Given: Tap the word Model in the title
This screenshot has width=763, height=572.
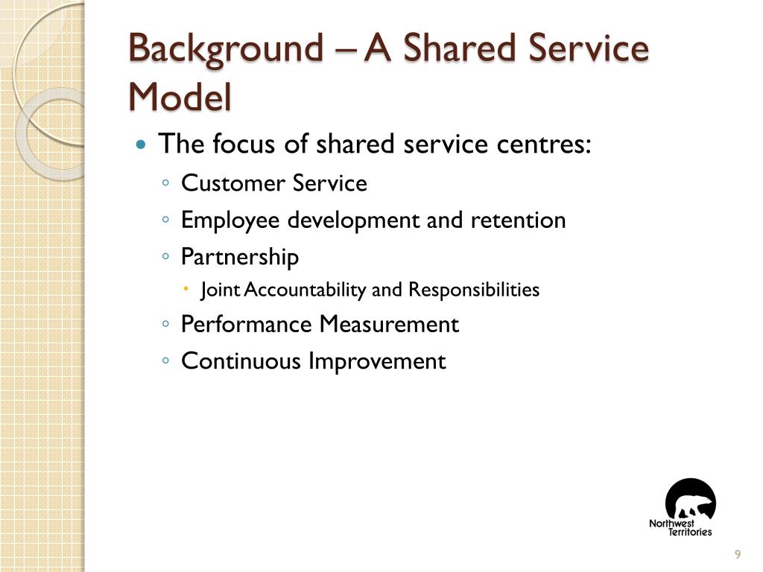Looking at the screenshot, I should pyautogui.click(x=180, y=97).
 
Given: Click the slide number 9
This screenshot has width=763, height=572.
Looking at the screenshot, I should pyautogui.click(x=738, y=553).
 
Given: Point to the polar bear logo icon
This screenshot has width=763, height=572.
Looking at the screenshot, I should pyautogui.click(x=691, y=500).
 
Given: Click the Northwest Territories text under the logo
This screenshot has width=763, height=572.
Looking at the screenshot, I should pyautogui.click(x=680, y=528).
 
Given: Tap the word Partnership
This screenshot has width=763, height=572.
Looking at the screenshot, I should pyautogui.click(x=240, y=258).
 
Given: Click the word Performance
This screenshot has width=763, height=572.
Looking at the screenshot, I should pyautogui.click(x=247, y=325).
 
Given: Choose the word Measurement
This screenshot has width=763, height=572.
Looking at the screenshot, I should pyautogui.click(x=389, y=325).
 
